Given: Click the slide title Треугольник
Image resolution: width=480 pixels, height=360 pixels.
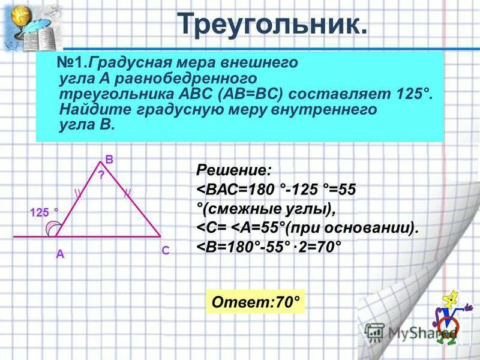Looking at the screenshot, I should (x=272, y=25).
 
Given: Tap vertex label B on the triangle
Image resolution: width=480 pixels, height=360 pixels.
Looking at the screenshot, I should (x=109, y=160).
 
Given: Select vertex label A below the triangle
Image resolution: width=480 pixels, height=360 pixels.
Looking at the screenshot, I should (x=60, y=254).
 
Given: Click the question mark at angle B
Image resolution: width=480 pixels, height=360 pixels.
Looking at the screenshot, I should (x=101, y=175).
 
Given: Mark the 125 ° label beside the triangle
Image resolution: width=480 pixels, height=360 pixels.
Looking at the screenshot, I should (x=44, y=212).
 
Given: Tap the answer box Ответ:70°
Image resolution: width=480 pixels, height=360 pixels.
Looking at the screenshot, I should (x=255, y=302).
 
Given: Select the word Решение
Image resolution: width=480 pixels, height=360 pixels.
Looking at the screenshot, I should (x=233, y=170).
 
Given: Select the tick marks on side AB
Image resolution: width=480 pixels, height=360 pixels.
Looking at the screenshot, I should (x=78, y=193).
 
